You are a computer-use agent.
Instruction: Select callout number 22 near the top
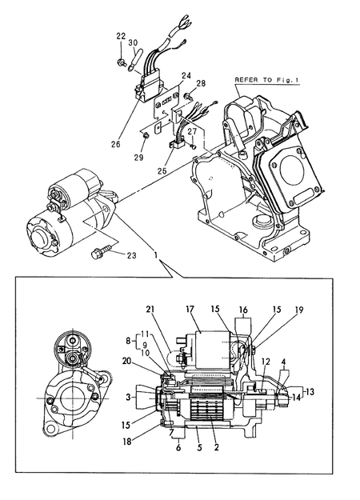point(121,36)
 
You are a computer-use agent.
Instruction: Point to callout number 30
point(134,42)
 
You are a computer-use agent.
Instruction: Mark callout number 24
point(186,76)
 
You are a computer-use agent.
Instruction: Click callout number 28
point(201,83)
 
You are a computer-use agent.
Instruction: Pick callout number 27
point(192,131)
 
